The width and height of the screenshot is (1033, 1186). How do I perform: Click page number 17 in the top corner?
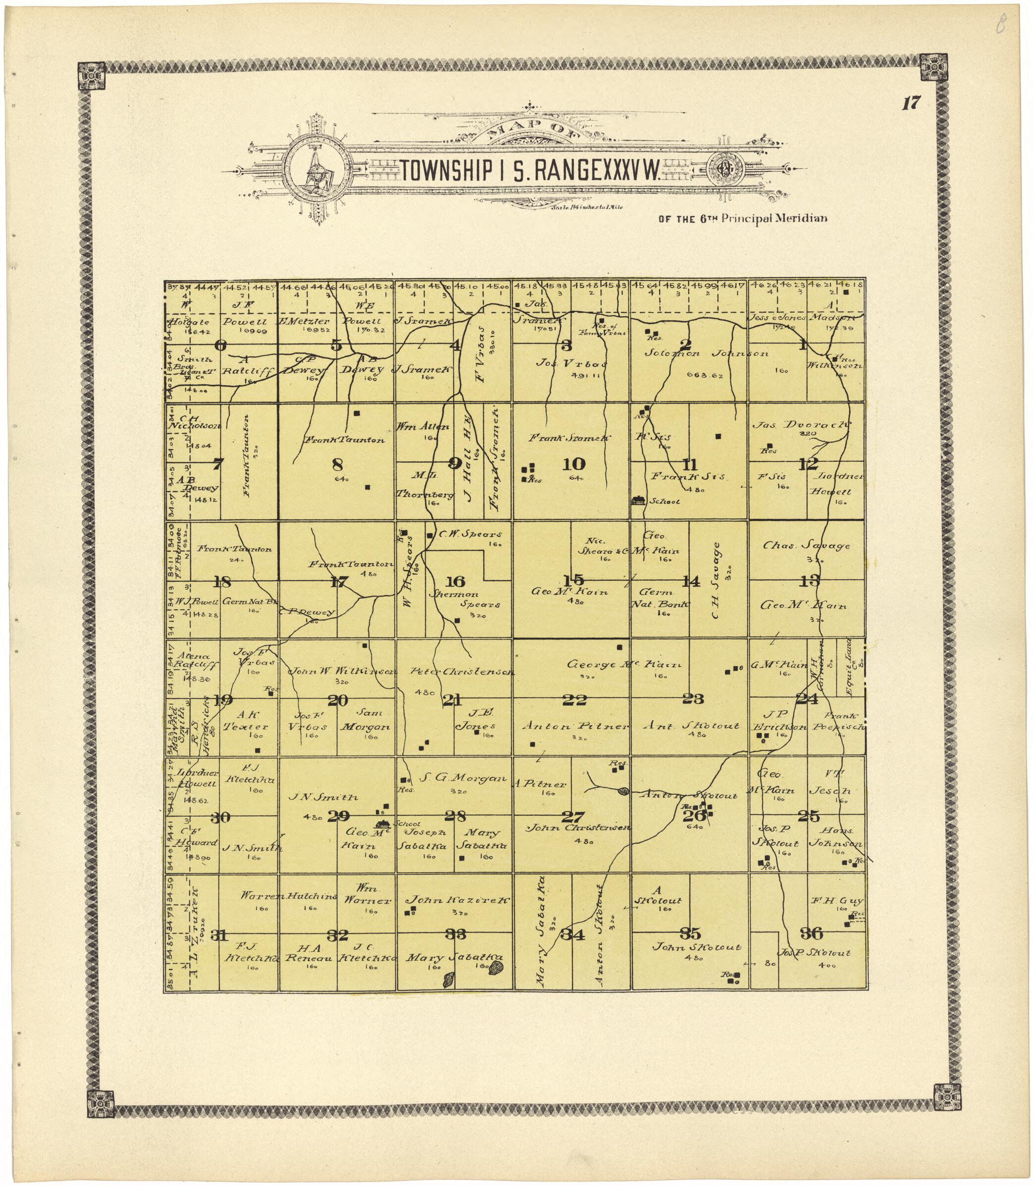click(x=911, y=104)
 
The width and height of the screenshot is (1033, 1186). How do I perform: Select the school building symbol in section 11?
click(x=638, y=501)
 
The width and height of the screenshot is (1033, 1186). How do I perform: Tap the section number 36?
click(x=811, y=933)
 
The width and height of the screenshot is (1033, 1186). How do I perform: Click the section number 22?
click(x=574, y=700)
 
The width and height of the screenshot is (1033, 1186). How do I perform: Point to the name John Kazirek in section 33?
click(x=457, y=899)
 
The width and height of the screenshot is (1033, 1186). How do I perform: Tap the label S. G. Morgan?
click(x=463, y=778)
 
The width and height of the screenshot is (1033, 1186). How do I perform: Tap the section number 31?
click(x=218, y=935)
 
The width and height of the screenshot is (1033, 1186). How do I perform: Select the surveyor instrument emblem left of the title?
click(x=315, y=171)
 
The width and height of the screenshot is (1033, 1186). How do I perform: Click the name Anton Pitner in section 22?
click(x=575, y=727)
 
